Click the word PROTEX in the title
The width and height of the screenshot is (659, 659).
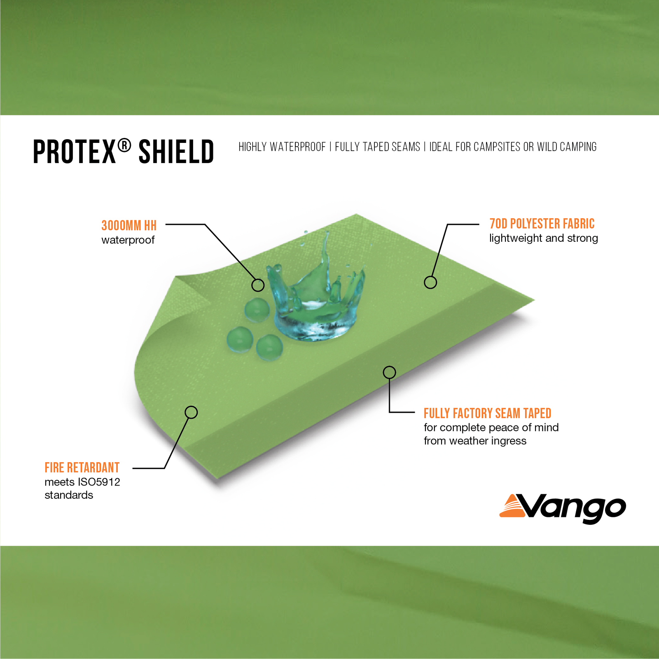tap(74, 152)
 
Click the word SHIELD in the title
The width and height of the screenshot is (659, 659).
tap(176, 152)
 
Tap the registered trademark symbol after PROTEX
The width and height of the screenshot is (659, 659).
tap(124, 145)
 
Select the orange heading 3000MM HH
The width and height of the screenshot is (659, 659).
tap(129, 225)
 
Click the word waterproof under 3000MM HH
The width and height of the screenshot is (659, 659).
tap(128, 240)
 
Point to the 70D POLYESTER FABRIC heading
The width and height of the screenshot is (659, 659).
tap(542, 224)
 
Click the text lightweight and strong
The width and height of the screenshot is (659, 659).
tap(544, 238)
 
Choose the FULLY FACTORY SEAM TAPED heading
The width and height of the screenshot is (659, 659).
tap(488, 413)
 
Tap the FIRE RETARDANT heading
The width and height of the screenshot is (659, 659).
tap(82, 467)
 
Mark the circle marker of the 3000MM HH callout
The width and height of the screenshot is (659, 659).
tap(258, 285)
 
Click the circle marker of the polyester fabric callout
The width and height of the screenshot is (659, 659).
tap(430, 283)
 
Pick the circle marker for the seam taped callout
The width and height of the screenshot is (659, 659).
tap(390, 372)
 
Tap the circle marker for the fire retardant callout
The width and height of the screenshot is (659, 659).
tap(191, 412)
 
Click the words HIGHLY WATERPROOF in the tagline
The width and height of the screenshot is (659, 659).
tap(282, 147)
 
